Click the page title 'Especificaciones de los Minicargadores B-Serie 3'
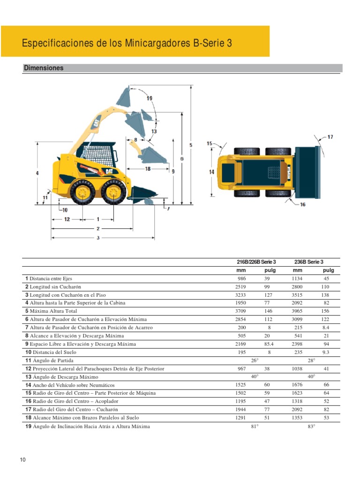pyautogui.click(x=127, y=44)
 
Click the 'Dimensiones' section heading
pyautogui.click(x=44, y=68)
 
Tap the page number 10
pyautogui.click(x=22, y=460)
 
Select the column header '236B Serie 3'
pyautogui.click(x=308, y=262)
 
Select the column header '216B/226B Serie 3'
pyautogui.click(x=256, y=262)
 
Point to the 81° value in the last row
pyautogui.click(x=255, y=427)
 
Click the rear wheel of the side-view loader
pyautogui.click(x=83, y=192)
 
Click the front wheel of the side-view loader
pyautogui.click(x=113, y=192)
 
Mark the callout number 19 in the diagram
pyautogui.click(x=149, y=98)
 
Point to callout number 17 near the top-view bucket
pyautogui.click(x=330, y=137)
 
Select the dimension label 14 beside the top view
pyautogui.click(x=212, y=172)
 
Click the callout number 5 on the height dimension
pyautogui.click(x=190, y=145)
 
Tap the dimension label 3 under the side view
pyautogui.click(x=98, y=238)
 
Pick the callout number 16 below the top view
pyautogui.click(x=302, y=204)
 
